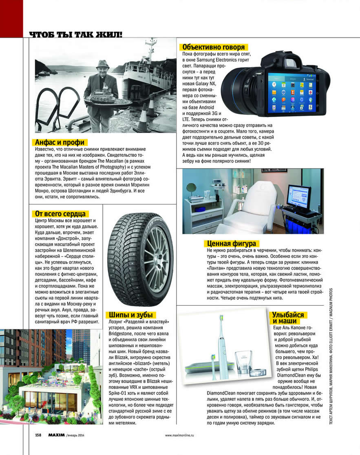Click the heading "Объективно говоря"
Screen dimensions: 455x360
tap(213, 47)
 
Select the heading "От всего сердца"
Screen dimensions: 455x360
tap(60, 214)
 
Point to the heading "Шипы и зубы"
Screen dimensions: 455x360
tap(131, 315)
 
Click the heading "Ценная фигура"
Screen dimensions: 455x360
tap(231, 244)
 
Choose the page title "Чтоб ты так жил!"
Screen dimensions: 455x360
tap(76, 34)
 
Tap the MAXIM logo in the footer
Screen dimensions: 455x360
tap(55, 435)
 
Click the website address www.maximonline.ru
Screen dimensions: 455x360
tap(179, 435)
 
